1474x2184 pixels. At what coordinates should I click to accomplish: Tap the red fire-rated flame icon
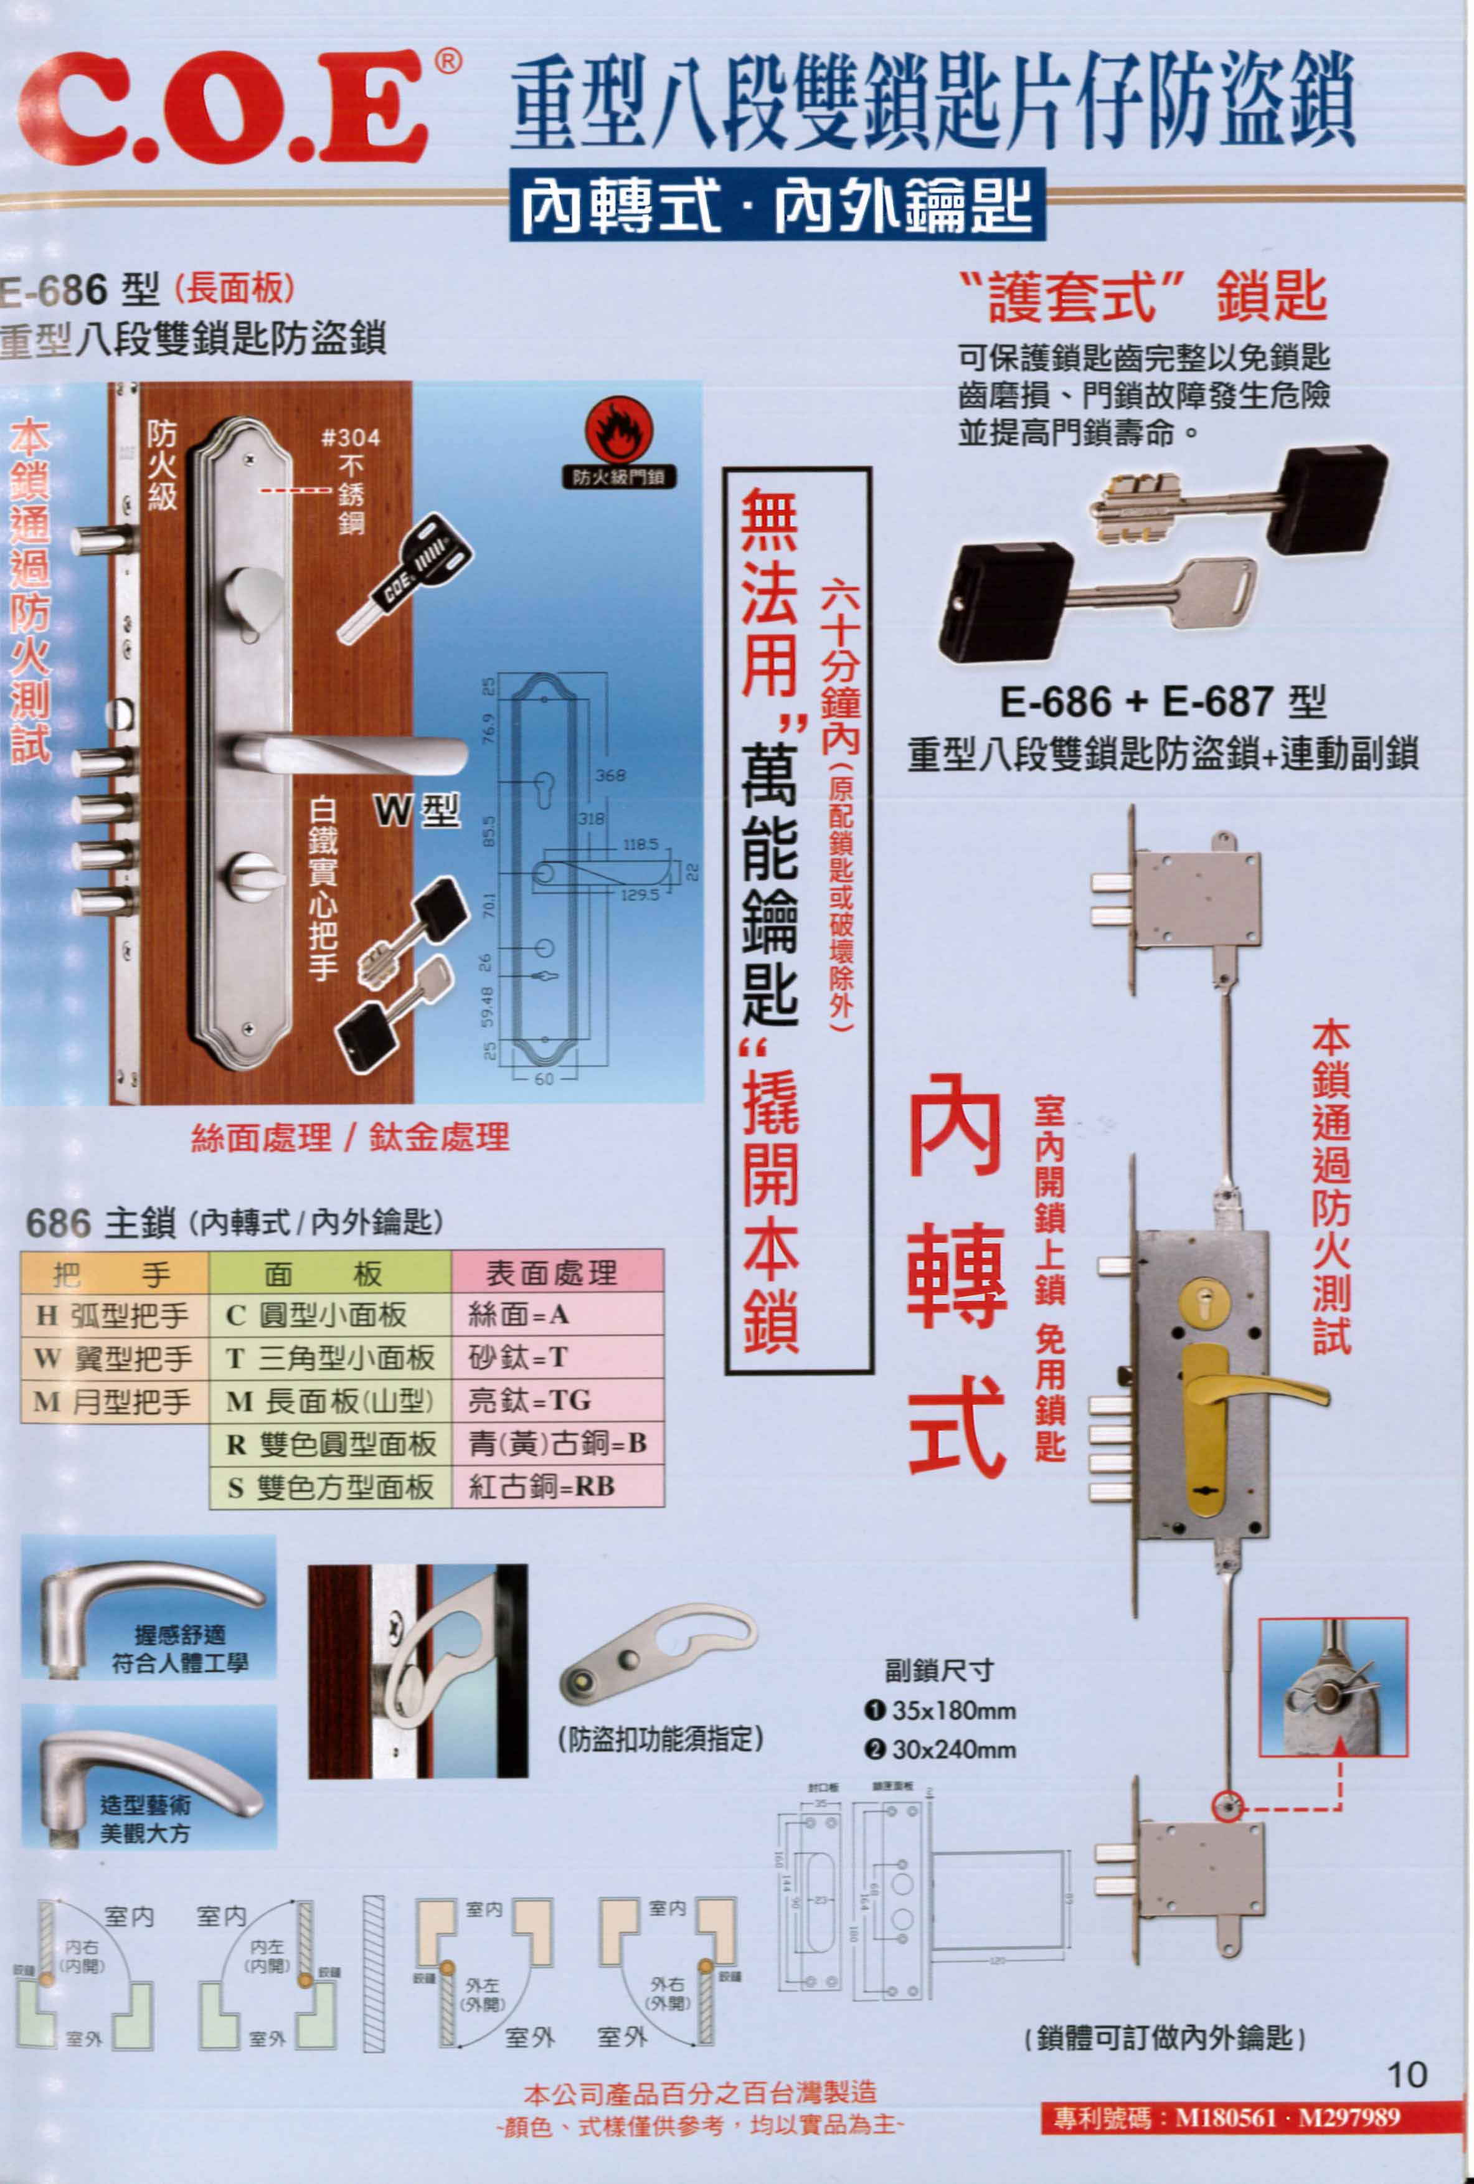point(618,432)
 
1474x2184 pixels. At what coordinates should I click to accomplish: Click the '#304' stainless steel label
point(351,437)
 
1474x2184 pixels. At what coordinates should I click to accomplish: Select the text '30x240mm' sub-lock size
point(953,1750)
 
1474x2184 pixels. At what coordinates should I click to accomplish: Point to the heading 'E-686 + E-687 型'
point(1162,702)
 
